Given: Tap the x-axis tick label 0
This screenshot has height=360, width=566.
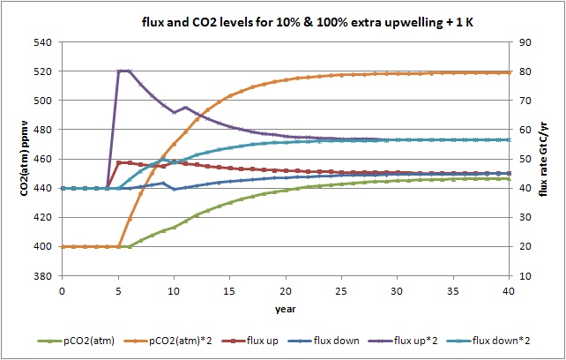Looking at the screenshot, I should [63, 289].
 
